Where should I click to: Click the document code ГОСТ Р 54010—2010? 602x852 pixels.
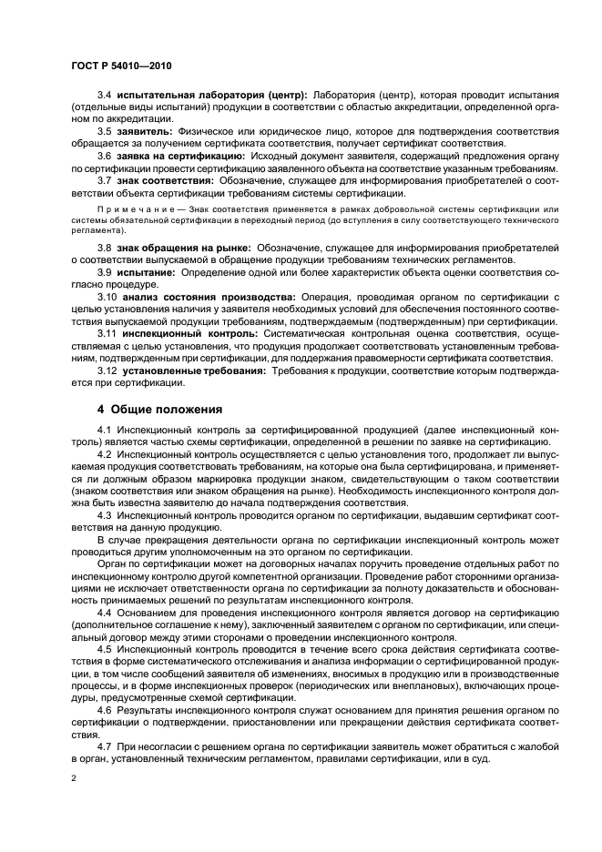(x=120, y=66)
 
